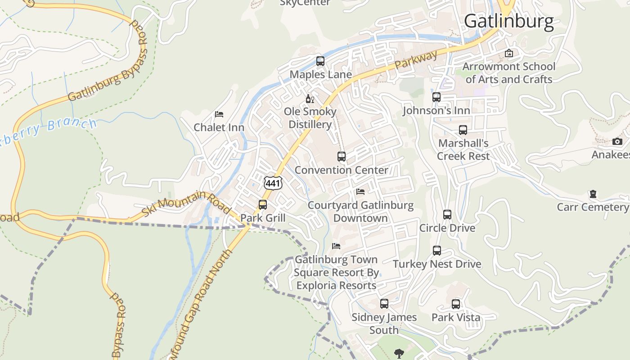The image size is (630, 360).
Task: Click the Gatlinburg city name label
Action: (x=508, y=21)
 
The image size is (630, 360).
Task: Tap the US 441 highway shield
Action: (x=273, y=183)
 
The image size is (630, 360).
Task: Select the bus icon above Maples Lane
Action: (x=320, y=61)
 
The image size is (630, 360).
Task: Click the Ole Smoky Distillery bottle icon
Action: (x=310, y=99)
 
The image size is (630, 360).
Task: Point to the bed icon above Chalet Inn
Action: (x=219, y=114)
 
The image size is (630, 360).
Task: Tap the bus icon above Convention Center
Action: (x=342, y=157)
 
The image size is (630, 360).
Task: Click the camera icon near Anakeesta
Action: (x=617, y=142)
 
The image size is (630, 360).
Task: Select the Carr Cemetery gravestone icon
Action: (x=593, y=194)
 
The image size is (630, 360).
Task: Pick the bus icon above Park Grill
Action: (x=263, y=205)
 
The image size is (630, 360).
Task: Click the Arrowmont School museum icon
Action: (x=509, y=53)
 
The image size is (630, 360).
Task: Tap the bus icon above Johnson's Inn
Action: (x=436, y=97)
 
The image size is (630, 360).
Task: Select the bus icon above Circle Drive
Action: (x=447, y=215)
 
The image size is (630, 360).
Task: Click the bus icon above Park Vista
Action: (x=456, y=304)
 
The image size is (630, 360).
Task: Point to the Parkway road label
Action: (x=416, y=60)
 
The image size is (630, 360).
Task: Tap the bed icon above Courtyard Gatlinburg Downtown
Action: (x=360, y=192)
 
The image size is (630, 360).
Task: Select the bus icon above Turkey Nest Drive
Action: (x=437, y=251)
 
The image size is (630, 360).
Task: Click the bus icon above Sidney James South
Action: (x=384, y=304)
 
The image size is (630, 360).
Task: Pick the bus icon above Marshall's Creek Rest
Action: (x=463, y=130)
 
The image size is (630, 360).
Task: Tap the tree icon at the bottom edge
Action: (x=399, y=354)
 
